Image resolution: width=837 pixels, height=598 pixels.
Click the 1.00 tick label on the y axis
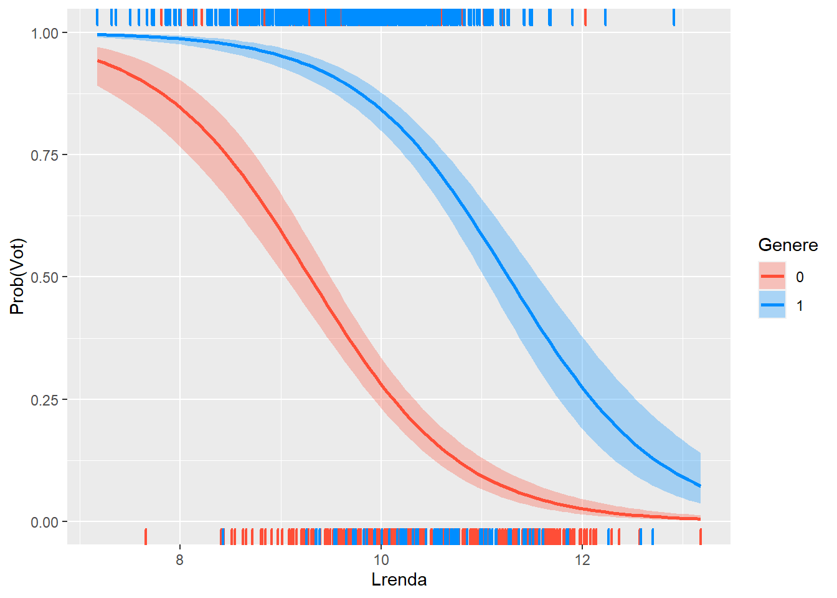[44, 33]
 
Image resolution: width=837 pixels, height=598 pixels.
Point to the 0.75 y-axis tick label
[44, 155]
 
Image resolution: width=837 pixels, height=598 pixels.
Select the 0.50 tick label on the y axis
[44, 277]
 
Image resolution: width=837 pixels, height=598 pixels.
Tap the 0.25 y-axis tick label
[44, 400]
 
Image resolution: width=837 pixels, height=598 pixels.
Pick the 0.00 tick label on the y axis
[44, 522]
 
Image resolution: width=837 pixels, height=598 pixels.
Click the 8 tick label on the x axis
[180, 559]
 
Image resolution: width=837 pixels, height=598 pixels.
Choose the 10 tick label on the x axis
[381, 559]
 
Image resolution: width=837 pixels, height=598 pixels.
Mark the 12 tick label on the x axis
[582, 559]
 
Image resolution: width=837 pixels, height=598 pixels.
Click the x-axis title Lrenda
[399, 580]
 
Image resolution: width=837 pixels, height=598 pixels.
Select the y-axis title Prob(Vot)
[17, 277]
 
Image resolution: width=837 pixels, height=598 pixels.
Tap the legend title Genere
[788, 245]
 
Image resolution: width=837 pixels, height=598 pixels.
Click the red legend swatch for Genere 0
[772, 277]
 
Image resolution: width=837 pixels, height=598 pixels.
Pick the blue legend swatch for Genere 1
[772, 305]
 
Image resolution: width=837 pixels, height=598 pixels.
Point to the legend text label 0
[800, 277]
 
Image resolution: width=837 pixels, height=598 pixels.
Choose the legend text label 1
[800, 306]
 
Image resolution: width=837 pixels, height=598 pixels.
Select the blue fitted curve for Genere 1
[511, 280]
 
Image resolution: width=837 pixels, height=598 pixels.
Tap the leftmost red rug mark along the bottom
[146, 536]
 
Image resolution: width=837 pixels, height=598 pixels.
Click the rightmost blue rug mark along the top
[674, 17]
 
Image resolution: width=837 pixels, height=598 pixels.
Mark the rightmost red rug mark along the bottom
[701, 536]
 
